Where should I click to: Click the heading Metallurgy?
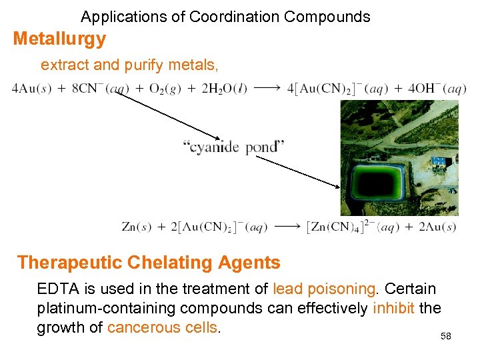(x=59, y=39)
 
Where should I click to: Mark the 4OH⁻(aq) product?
(x=427, y=89)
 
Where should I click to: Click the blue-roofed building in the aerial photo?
(x=439, y=161)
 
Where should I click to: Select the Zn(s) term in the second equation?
(x=135, y=227)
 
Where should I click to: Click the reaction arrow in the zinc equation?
(x=287, y=227)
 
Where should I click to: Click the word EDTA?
(x=57, y=289)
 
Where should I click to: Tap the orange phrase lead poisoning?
(x=325, y=289)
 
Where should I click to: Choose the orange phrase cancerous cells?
(x=163, y=327)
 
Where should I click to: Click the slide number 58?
(x=446, y=336)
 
